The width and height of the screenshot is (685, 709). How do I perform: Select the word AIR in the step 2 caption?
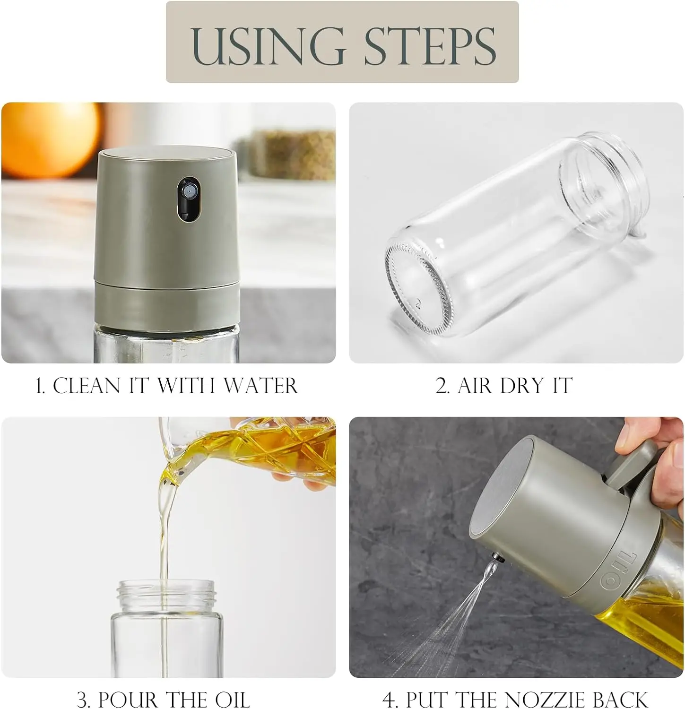point(476,386)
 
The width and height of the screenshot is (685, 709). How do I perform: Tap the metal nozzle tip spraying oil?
point(497,559)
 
